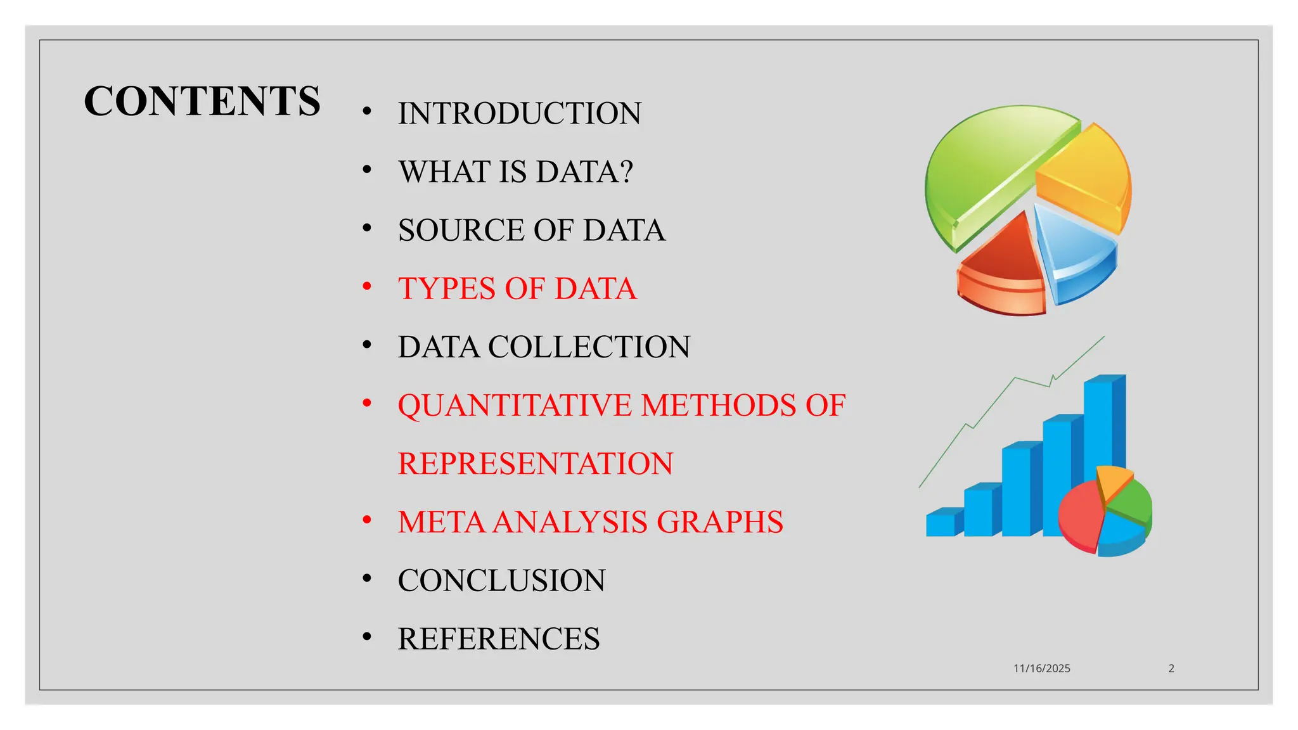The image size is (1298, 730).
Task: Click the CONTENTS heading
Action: point(202,101)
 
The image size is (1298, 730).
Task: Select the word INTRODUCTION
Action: point(519,114)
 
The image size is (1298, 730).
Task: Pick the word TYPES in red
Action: point(446,289)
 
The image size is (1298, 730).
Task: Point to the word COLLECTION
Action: point(589,347)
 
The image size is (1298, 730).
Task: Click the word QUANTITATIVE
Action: point(514,406)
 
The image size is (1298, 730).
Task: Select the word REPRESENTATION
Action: point(535,464)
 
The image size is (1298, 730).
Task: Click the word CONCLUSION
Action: point(501,580)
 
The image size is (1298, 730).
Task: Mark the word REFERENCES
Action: point(498,639)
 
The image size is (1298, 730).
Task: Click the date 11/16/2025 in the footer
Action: point(1041,669)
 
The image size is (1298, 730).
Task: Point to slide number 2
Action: point(1171,669)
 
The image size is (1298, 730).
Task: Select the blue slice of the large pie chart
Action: point(1074,253)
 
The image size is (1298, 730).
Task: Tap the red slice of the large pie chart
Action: point(1005,266)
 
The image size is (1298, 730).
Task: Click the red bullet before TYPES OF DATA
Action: point(366,287)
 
